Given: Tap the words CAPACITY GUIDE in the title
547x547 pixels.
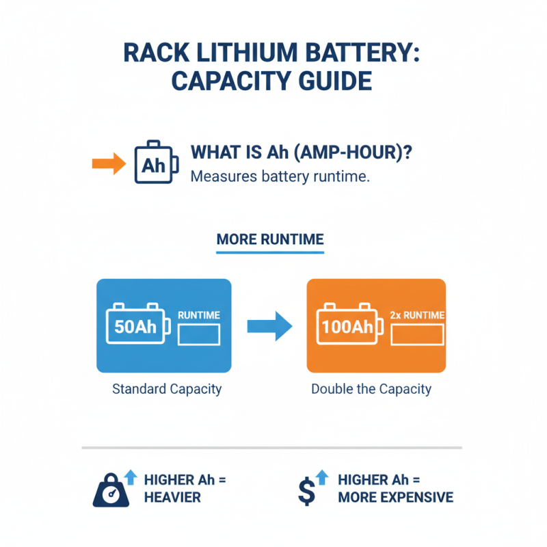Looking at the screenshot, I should tap(271, 81).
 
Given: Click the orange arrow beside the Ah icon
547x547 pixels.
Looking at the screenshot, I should tap(107, 163).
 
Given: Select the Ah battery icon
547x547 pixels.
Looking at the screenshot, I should tap(156, 163).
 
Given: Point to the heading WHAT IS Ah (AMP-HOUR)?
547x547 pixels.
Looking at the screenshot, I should tap(302, 152).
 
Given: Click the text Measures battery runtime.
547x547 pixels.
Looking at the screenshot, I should tap(280, 176).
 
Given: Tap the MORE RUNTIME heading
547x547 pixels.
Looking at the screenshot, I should tap(270, 240).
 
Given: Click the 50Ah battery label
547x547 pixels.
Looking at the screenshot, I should tap(136, 326).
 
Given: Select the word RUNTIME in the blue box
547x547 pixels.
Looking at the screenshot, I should tap(198, 315).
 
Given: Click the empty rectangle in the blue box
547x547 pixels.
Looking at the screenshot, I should tap(199, 334).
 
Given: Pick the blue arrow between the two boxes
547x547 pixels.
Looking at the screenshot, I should tap(268, 325).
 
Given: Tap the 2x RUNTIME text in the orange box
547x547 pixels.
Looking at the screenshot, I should tap(416, 315).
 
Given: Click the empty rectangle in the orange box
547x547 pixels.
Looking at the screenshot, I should tap(417, 334).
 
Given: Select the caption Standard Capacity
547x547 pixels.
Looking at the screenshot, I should tap(166, 389).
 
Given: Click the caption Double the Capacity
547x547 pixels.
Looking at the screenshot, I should tap(371, 389).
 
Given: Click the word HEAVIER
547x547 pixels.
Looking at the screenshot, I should tap(173, 497).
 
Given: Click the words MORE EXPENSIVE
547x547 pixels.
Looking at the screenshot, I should tap(395, 497).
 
